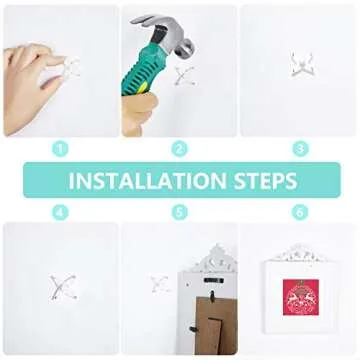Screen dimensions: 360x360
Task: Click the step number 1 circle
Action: (x=60, y=149)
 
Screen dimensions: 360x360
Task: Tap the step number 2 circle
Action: (x=180, y=149)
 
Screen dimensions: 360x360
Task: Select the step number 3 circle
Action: (x=299, y=149)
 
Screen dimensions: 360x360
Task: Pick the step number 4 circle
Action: (x=60, y=212)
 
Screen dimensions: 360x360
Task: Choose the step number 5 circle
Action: (x=180, y=212)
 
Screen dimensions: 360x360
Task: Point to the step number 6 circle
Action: (x=299, y=212)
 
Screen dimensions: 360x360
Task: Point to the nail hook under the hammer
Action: (x=183, y=74)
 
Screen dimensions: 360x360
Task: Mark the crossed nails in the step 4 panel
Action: (x=59, y=285)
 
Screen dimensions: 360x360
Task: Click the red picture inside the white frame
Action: (x=300, y=301)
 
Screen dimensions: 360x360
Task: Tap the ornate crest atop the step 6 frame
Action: (x=300, y=251)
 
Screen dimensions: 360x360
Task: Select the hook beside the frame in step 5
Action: (x=159, y=285)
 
